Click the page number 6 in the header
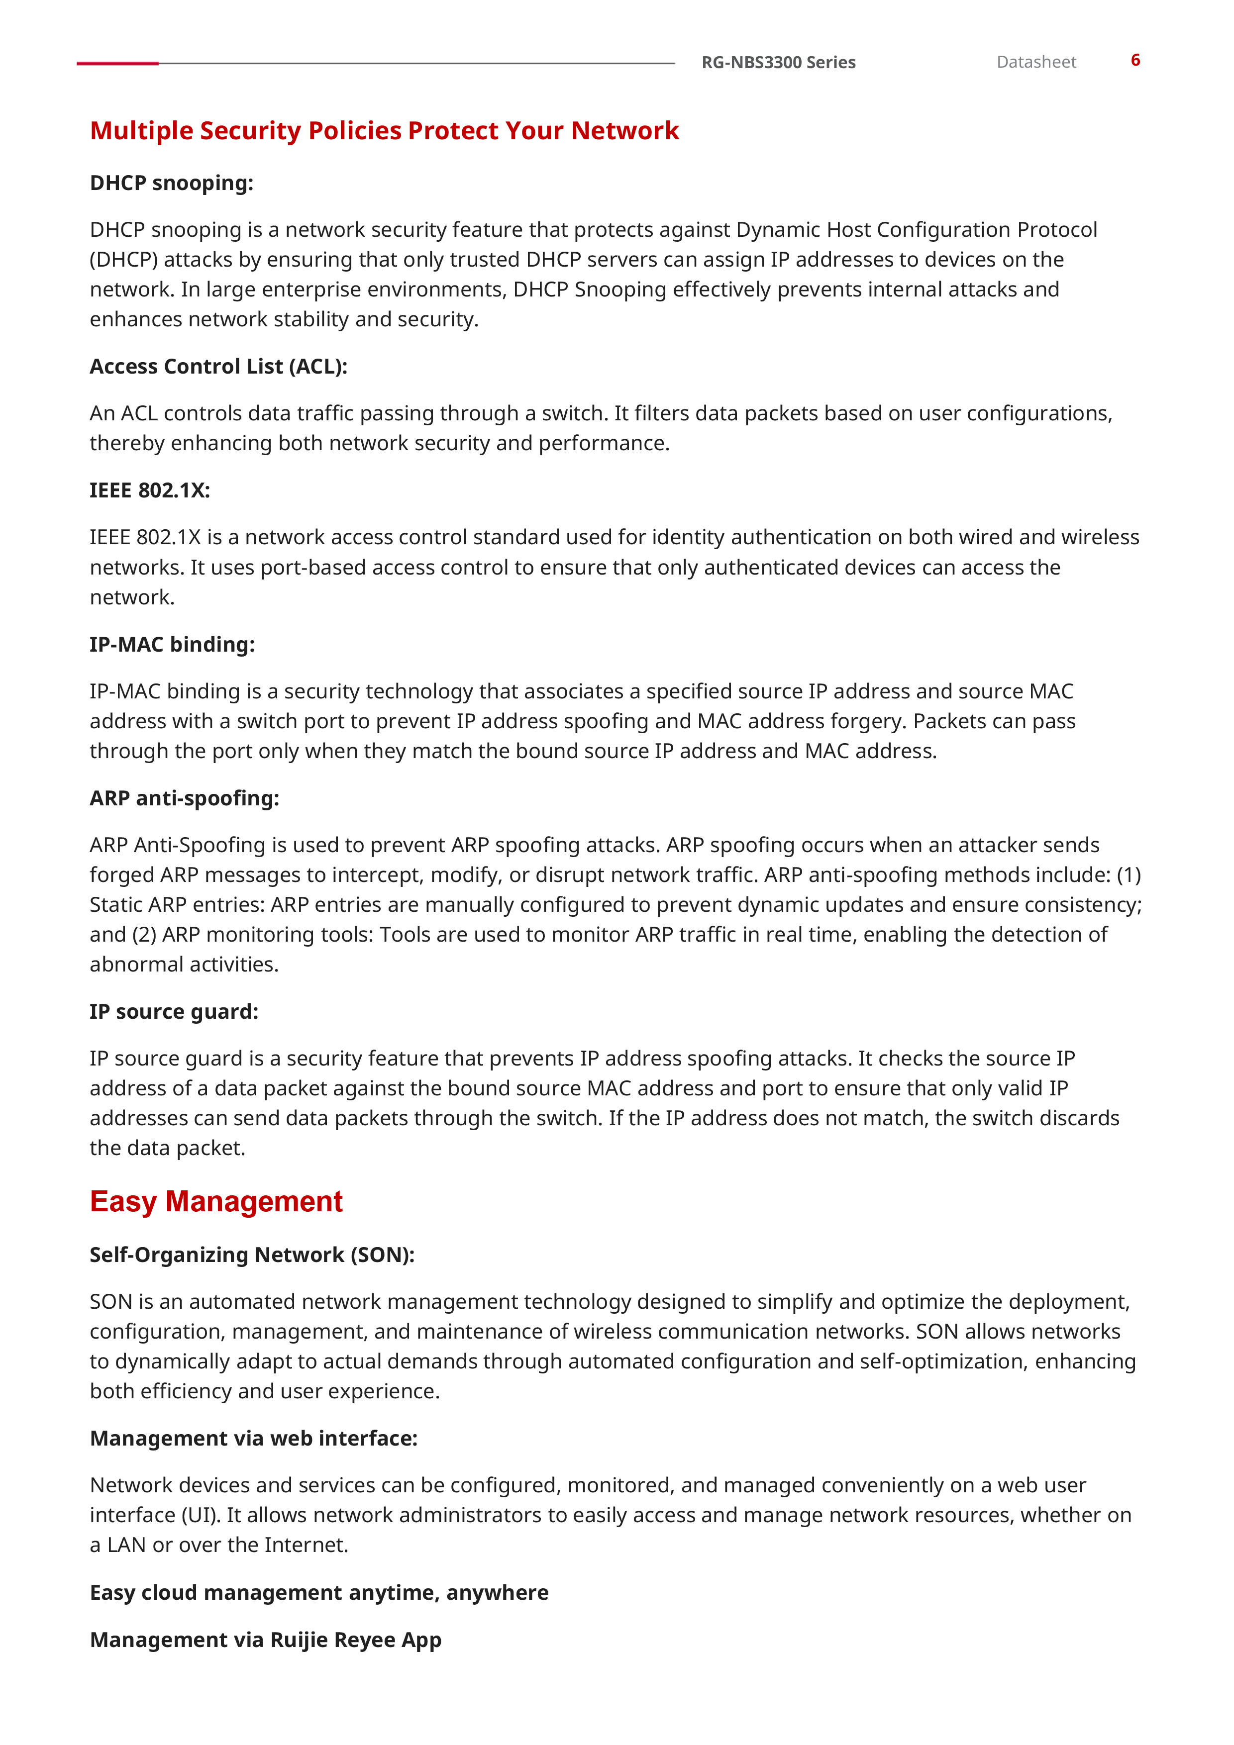pyautogui.click(x=1134, y=60)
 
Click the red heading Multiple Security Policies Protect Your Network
pyautogui.click(x=384, y=131)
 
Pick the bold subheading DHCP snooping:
pyautogui.click(x=171, y=183)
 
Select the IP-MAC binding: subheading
pyautogui.click(x=172, y=645)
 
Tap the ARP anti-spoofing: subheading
pyautogui.click(x=184, y=798)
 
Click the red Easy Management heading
pyautogui.click(x=216, y=1202)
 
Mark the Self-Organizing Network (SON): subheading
pyautogui.click(x=252, y=1255)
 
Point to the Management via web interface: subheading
pyautogui.click(x=253, y=1438)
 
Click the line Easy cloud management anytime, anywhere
pyautogui.click(x=318, y=1592)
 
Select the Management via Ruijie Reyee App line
pyautogui.click(x=265, y=1640)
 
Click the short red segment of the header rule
pyautogui.click(x=118, y=63)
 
